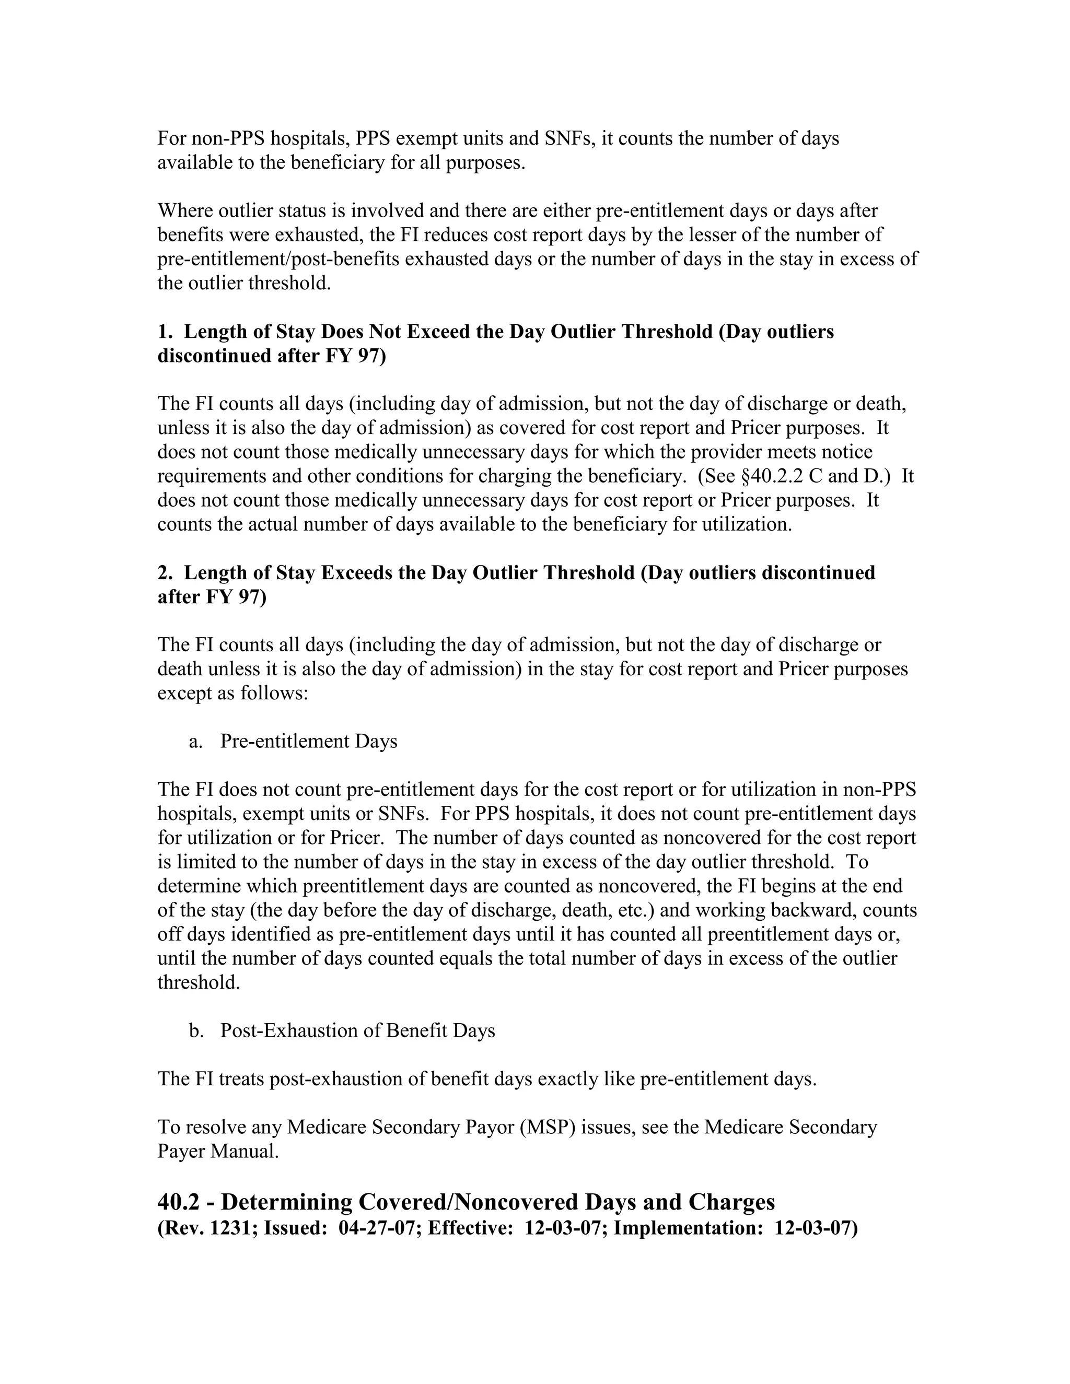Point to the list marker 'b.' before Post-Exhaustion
(196, 1031)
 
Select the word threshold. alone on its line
(199, 983)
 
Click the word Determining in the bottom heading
(286, 1202)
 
